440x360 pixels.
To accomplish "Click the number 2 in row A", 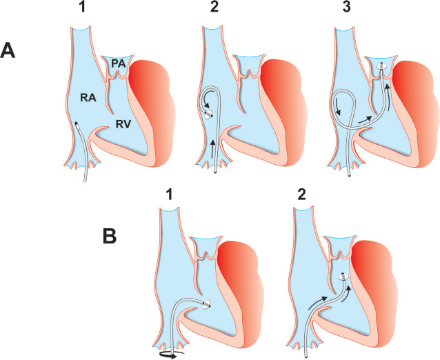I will [221, 10].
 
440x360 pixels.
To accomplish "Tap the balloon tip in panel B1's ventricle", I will [207, 303].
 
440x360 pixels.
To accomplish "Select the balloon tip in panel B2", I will [342, 279].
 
